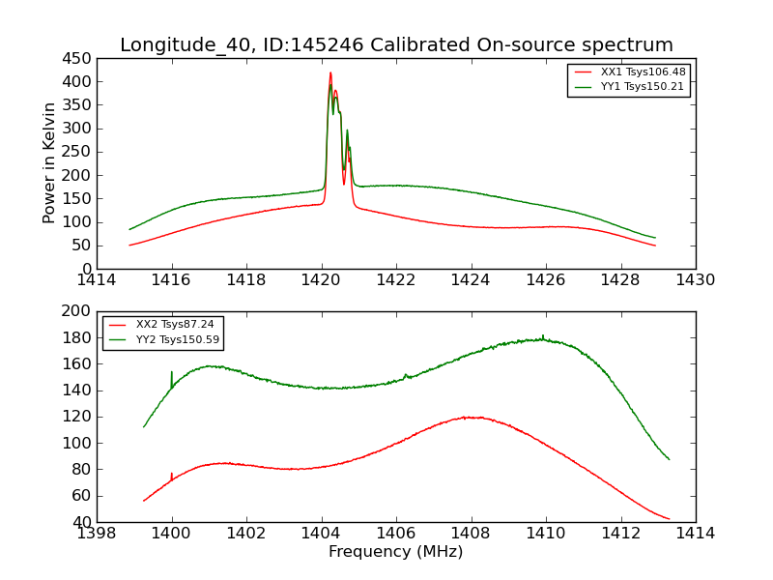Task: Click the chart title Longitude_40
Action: coord(396,45)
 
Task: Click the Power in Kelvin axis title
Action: coord(50,163)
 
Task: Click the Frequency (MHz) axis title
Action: coord(396,552)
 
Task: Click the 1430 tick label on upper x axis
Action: coord(696,280)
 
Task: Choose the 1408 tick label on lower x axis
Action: coord(471,534)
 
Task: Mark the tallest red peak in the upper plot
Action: coord(330,73)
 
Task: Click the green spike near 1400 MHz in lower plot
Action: coord(172,373)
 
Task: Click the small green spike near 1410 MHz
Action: coord(543,335)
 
